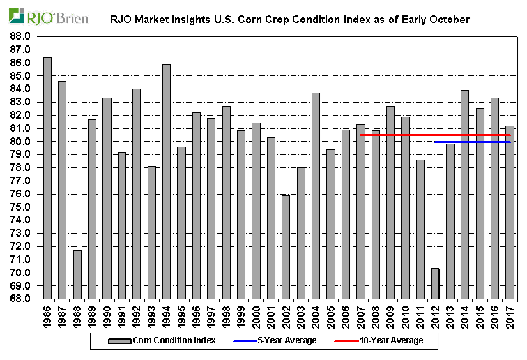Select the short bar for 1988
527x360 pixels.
(77, 274)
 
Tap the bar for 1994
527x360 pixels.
(167, 181)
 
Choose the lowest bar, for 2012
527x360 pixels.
(435, 283)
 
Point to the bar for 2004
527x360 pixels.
(315, 195)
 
